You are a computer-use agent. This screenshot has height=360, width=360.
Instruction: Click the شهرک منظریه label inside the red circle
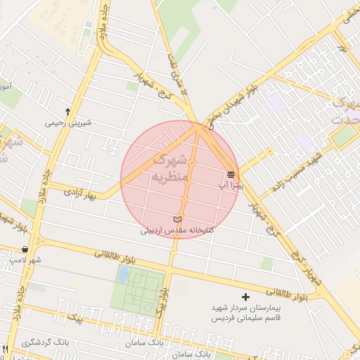[171, 169]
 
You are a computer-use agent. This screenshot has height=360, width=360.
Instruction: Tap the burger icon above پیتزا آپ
[231, 174]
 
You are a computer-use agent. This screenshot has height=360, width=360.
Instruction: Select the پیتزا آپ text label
[231, 185]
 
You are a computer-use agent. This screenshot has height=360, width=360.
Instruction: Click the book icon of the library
[177, 220]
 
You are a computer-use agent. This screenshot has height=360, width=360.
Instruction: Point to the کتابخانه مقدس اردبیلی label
[177, 230]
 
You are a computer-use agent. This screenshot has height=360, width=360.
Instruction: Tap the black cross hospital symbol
[245, 297]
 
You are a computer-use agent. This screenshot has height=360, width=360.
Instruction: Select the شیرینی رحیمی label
[68, 122]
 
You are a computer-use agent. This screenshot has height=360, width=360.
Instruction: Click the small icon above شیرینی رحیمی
[67, 112]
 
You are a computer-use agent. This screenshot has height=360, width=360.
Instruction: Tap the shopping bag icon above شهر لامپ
[25, 249]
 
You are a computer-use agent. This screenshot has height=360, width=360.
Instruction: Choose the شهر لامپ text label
[25, 259]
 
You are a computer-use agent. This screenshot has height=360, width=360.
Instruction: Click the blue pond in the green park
[124, 275]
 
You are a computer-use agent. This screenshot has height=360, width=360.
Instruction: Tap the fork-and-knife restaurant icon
[5, 349]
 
